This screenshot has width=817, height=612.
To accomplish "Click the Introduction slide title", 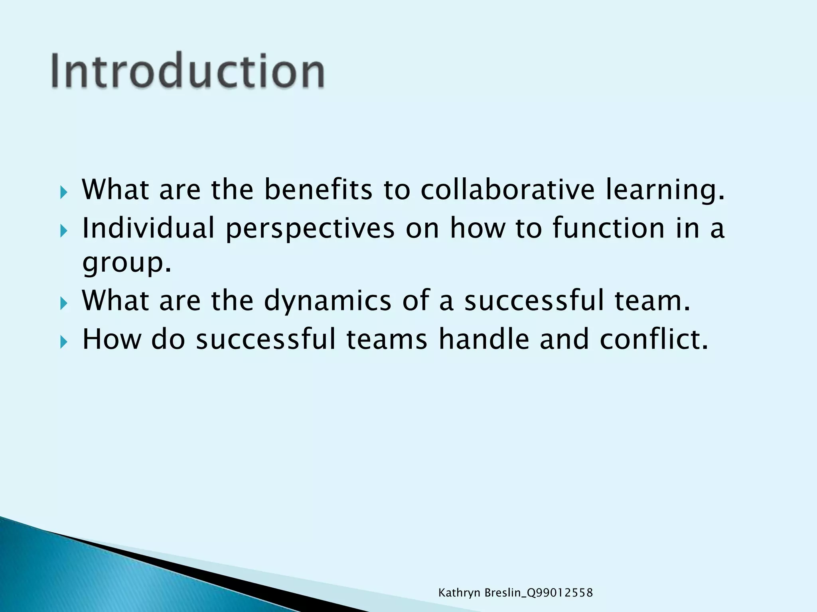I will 187,71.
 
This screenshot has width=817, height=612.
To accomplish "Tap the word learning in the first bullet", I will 665,190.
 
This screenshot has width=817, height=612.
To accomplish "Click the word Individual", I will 148,228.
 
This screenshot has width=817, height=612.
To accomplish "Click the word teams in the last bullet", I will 387,339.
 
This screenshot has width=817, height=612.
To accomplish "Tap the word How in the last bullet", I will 112,339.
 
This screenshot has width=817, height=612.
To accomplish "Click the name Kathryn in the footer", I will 459,593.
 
